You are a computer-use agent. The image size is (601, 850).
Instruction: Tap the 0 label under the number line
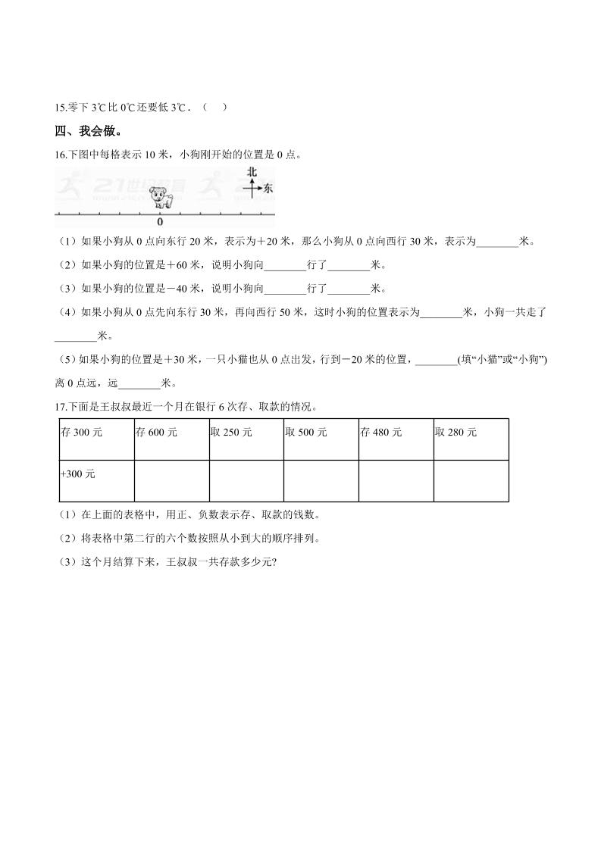(160, 223)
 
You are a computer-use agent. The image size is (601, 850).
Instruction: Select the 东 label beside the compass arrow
(268, 189)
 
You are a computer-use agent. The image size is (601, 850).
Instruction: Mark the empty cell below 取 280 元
(471, 480)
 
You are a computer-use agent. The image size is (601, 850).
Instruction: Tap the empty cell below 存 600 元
(171, 480)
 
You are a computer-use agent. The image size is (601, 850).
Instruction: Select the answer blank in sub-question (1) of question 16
(497, 242)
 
